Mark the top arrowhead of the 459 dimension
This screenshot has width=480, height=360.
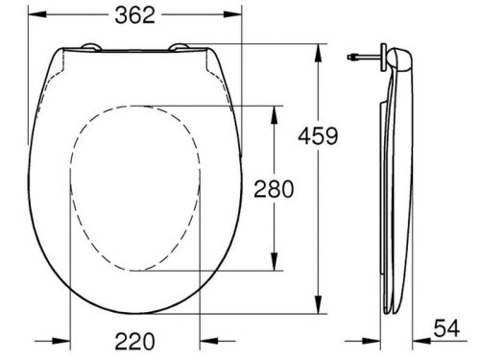pyautogui.click(x=317, y=46)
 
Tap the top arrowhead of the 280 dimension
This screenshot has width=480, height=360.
pyautogui.click(x=278, y=108)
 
